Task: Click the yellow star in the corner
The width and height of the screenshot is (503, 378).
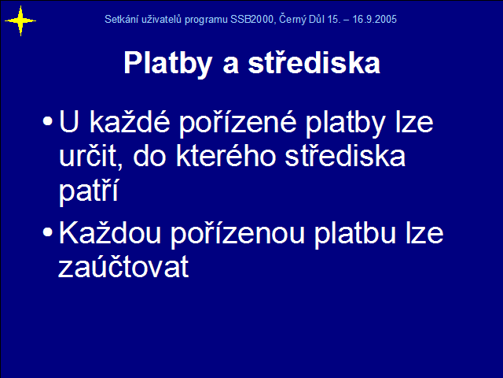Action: pos(20,21)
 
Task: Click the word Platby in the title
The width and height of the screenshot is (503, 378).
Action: pos(168,63)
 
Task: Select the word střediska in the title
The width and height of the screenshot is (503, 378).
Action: pos(314,62)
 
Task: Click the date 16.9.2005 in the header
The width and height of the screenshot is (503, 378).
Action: pos(374,19)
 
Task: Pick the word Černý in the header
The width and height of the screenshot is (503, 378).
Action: pos(292,19)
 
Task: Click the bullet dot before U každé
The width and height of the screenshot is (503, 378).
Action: pos(47,121)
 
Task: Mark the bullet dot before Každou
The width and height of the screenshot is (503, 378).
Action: pos(47,232)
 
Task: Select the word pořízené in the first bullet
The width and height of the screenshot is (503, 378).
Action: pos(237,123)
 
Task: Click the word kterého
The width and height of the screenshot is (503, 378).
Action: pos(226,156)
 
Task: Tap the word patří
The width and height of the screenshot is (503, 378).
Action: pos(89,191)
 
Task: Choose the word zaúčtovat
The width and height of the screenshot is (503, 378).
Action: pos(123,267)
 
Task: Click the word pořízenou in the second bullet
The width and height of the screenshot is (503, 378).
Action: pos(237,233)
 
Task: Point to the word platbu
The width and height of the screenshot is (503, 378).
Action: pos(354,233)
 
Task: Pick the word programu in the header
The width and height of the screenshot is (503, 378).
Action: pos(206,20)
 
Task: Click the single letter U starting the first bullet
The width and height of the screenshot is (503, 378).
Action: pos(68,121)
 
